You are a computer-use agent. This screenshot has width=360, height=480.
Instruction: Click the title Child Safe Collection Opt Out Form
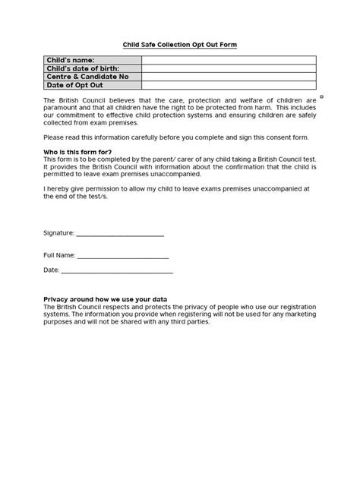pos(180,45)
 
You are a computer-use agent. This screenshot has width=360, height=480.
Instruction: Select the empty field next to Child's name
pos(229,60)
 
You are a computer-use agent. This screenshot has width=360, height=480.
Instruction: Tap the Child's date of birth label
pos(81,68)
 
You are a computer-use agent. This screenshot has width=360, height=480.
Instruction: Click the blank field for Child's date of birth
pos(229,68)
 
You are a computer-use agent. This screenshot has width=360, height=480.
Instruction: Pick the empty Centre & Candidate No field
pos(229,77)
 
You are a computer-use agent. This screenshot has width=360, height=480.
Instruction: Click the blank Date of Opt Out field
pos(229,85)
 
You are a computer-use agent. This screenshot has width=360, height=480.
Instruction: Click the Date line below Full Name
pos(117,271)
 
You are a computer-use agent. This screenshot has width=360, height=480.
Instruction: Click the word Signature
pos(58,233)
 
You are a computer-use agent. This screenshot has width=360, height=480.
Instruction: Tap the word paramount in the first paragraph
pos(62,108)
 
